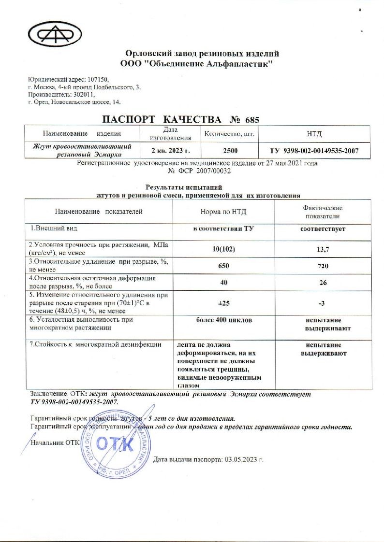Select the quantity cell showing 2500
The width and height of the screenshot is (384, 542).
click(x=230, y=151)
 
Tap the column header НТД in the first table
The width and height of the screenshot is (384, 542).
click(x=314, y=133)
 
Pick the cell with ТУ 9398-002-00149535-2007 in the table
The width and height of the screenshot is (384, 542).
click(x=314, y=151)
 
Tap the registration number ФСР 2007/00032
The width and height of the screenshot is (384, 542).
click(x=198, y=171)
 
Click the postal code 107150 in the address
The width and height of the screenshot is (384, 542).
click(x=99, y=80)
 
